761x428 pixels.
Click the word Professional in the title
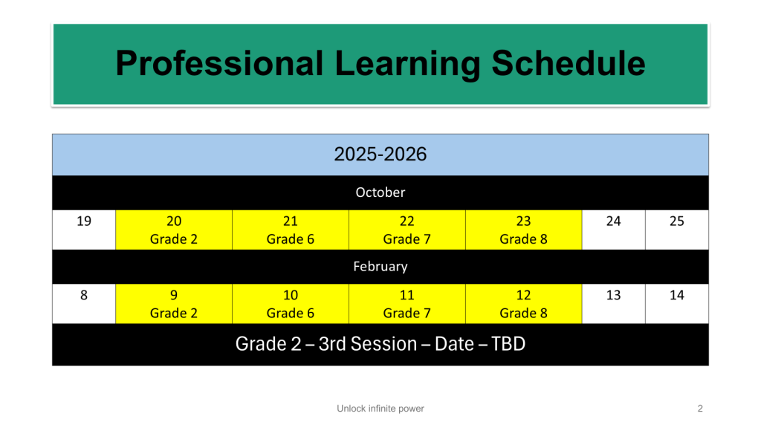219,64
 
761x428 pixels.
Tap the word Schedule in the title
569,64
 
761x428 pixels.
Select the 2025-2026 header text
380,155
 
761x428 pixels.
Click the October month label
380,192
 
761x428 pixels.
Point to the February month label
380,267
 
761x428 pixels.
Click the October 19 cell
84,230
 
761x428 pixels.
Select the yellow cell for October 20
174,230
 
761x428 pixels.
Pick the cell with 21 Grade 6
291,230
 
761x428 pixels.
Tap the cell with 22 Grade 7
407,230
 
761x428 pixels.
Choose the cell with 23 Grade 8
524,230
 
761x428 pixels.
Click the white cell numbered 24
613,230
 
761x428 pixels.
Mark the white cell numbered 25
677,230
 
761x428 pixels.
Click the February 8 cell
84,304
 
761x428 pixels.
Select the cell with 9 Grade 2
174,304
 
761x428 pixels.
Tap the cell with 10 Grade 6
291,304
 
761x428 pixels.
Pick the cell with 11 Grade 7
407,304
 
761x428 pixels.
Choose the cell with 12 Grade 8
524,304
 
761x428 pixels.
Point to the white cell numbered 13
613,304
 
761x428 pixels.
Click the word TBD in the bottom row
508,344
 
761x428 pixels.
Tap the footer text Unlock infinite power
380,409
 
